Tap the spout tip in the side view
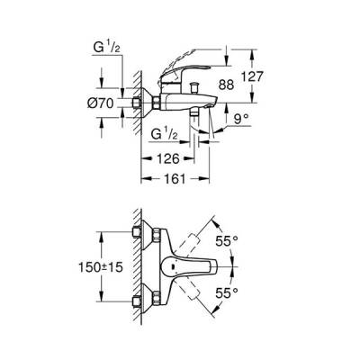tap(209, 106)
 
